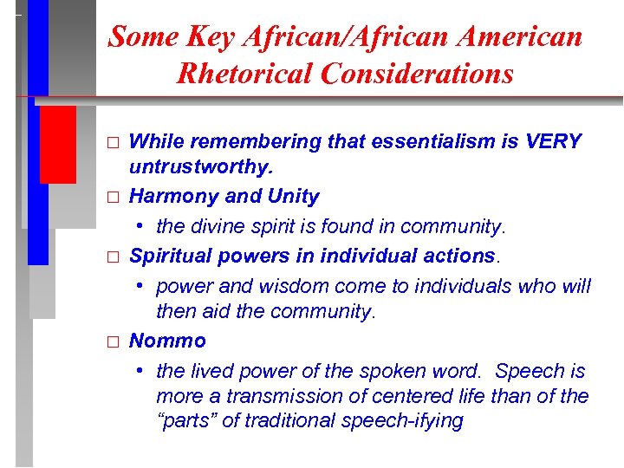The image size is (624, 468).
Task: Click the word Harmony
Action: [172, 197]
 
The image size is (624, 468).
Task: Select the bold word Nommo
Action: [167, 341]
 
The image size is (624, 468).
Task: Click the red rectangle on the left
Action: [58, 145]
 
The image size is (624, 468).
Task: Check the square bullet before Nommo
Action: [111, 342]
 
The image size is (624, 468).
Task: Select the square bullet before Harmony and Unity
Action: [111, 198]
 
